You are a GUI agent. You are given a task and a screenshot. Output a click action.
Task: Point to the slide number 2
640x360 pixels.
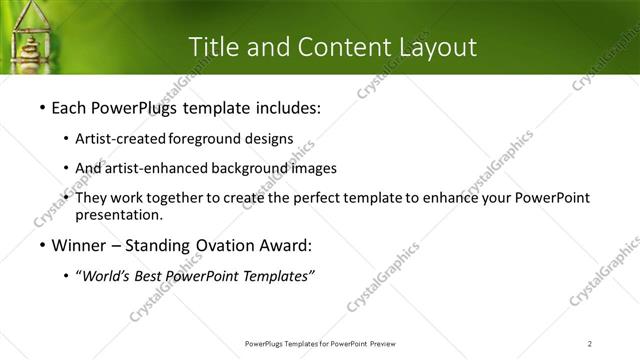(x=590, y=343)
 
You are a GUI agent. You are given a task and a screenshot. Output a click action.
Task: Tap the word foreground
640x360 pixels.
(x=205, y=139)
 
